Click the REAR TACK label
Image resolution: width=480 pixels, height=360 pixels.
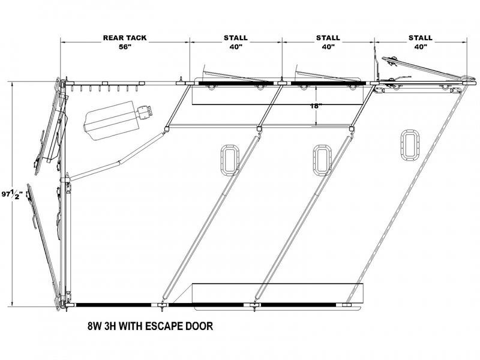point(125,38)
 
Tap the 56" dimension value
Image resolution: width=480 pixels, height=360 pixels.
point(125,47)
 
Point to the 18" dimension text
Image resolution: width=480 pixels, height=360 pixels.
point(316,106)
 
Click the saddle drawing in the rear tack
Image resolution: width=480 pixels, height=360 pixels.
point(118,119)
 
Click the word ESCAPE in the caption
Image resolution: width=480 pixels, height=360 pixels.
point(164,326)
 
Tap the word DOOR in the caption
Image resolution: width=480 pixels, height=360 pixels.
point(199,326)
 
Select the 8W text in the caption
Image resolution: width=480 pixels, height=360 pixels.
point(95,326)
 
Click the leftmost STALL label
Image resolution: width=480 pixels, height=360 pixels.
point(235,38)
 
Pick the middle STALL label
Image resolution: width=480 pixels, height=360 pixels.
point(328,38)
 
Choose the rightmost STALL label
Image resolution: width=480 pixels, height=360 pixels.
point(421,38)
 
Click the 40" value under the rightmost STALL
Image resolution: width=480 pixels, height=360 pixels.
point(421,47)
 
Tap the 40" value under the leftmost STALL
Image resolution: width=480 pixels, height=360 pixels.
point(236,47)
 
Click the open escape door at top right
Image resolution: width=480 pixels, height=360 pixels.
point(425,68)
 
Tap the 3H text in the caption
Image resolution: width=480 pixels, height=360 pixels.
point(110,326)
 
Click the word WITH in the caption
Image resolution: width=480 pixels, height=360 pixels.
point(130,326)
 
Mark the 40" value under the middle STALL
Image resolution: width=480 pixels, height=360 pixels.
point(328,47)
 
